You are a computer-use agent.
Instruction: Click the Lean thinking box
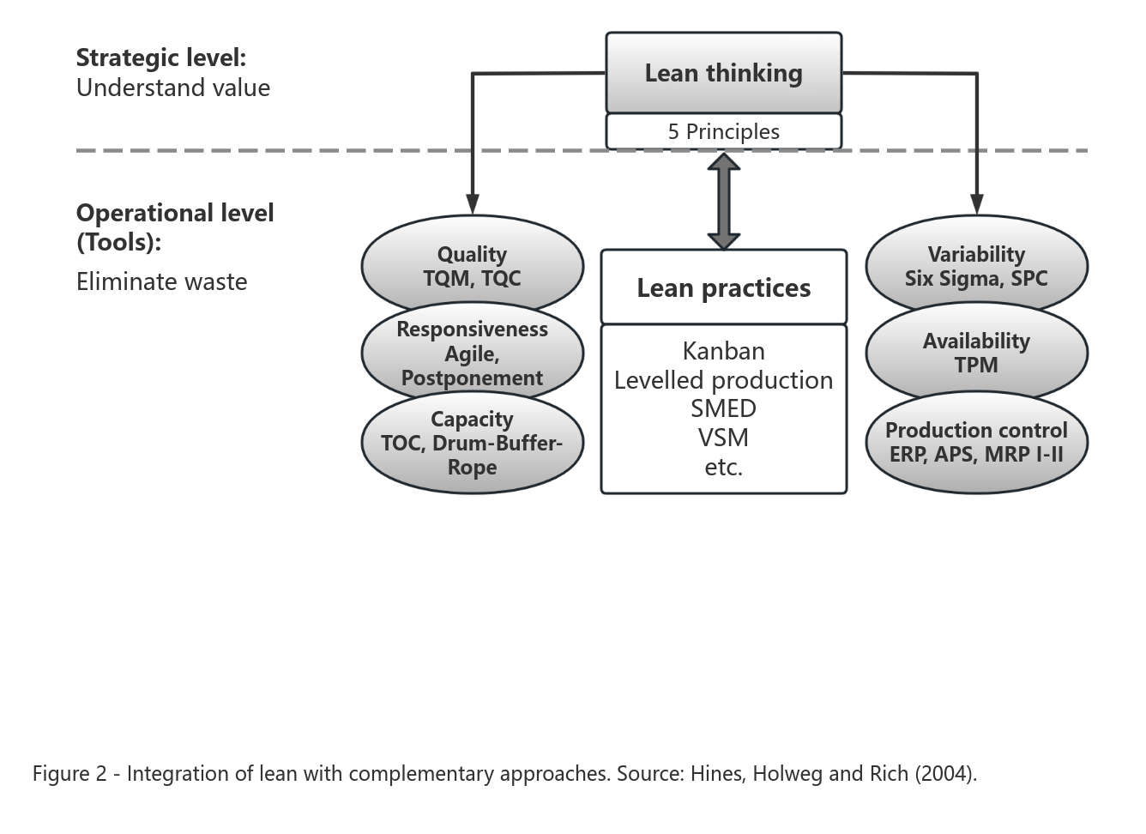point(723,73)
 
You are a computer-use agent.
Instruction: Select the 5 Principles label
point(723,131)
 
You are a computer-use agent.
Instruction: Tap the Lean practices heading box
point(723,287)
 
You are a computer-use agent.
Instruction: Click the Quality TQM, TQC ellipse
point(472,265)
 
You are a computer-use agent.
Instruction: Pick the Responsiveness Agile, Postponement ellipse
point(472,354)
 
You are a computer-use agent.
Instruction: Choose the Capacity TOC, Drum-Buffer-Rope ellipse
point(472,443)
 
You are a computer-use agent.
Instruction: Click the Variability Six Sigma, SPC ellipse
point(976,265)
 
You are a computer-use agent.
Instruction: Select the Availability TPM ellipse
point(976,353)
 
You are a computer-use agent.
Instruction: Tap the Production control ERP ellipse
point(976,442)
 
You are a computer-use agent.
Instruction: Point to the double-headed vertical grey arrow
point(723,201)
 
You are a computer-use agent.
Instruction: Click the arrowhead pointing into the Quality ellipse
point(472,203)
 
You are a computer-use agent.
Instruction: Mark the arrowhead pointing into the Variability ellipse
point(976,203)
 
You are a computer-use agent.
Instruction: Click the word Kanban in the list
point(723,351)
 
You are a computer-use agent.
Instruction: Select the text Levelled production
point(723,380)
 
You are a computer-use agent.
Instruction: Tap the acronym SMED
point(723,408)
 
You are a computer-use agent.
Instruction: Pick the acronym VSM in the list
point(723,438)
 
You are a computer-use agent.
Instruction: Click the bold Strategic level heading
point(160,57)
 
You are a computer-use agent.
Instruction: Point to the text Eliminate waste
point(161,281)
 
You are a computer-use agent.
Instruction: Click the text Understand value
point(172,88)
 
